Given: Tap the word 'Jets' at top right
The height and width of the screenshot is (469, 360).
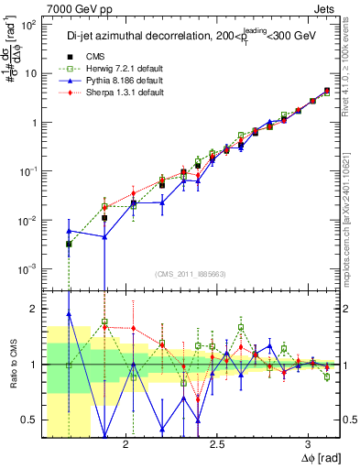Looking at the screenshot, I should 323,7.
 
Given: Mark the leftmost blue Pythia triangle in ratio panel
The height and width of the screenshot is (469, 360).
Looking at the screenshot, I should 69,314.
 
